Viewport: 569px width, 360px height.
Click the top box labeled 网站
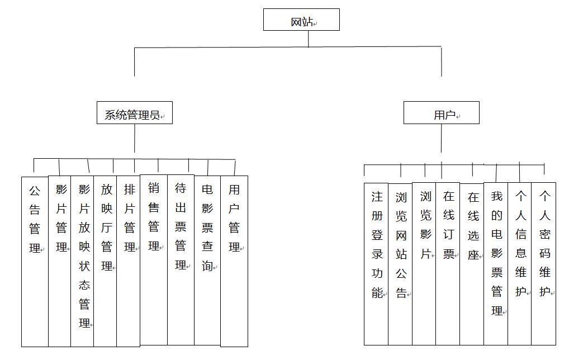click(301, 20)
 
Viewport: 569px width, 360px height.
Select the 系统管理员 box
click(135, 113)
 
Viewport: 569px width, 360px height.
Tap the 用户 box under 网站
click(441, 113)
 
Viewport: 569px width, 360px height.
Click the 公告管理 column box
click(35, 262)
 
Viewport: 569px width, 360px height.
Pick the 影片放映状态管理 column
click(82, 261)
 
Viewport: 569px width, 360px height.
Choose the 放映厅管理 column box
click(105, 261)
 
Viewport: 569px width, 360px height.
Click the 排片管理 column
click(128, 261)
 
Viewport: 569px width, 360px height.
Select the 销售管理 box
click(154, 260)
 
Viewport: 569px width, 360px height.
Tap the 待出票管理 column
click(181, 260)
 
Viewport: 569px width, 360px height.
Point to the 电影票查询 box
click(207, 260)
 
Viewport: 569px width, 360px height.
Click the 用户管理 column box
click(234, 261)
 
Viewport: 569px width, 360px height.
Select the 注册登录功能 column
click(376, 264)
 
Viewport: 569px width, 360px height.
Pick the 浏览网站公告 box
click(400, 264)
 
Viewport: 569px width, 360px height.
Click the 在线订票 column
click(448, 264)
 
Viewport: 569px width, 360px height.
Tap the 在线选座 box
click(472, 264)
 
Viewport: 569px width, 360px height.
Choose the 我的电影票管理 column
click(496, 264)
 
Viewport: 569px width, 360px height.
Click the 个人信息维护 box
click(520, 264)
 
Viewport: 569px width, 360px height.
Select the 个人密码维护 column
click(544, 264)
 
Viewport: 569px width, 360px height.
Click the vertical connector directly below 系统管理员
click(135, 138)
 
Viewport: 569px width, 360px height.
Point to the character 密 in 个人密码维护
click(544, 234)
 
